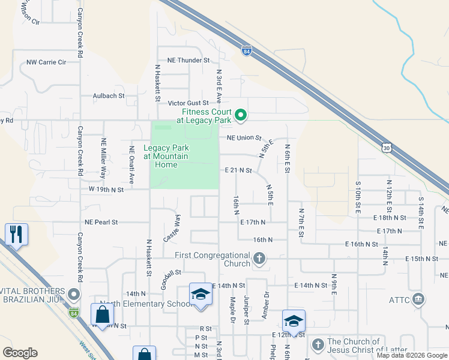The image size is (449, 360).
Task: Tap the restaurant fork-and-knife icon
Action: click(x=16, y=234)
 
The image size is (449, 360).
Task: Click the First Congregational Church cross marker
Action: click(x=259, y=260)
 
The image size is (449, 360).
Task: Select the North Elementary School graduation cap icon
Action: click(x=201, y=294)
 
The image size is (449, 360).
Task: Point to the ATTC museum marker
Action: click(x=419, y=299)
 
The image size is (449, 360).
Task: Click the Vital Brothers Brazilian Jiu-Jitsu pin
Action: click(x=74, y=295)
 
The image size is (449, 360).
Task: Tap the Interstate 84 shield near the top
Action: click(x=247, y=51)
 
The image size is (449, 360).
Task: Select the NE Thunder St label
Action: click(x=188, y=60)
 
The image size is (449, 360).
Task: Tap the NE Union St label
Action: click(x=244, y=138)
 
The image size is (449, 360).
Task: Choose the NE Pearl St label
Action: click(x=101, y=221)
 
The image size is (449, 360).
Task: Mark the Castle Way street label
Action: click(x=172, y=229)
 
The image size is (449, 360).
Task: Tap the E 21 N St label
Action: click(x=238, y=170)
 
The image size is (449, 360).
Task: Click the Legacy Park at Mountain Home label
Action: click(x=166, y=156)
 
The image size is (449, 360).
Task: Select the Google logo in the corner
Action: click(x=20, y=353)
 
